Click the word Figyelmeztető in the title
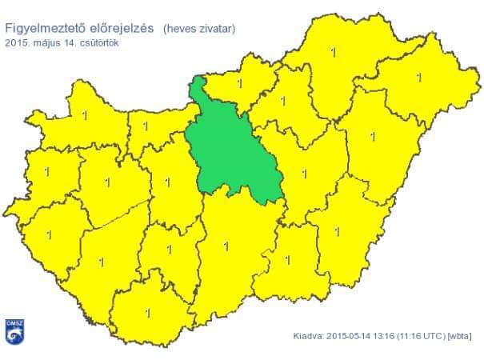(45, 29)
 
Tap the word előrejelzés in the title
(121, 29)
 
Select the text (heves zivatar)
(199, 29)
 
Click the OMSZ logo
(14, 334)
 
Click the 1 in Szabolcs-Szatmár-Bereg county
(418, 78)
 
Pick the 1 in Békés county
(337, 232)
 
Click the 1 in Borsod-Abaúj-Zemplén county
(332, 53)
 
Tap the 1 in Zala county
(50, 235)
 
